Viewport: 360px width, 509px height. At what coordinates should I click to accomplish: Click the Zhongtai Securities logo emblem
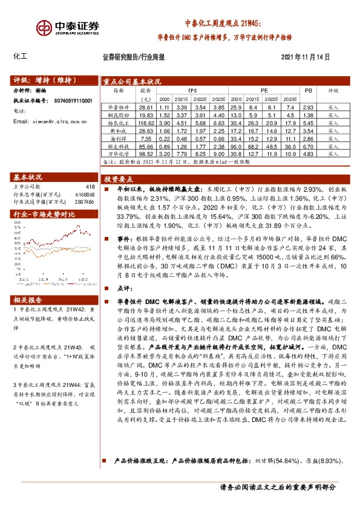pos(44,28)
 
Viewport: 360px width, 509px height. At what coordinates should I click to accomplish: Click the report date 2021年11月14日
pos(306,58)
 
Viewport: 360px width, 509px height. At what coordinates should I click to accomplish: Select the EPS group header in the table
pos(193,90)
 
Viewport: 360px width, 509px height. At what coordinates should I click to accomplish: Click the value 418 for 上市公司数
pos(91,186)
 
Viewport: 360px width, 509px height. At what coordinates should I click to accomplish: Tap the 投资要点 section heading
pos(118,180)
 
